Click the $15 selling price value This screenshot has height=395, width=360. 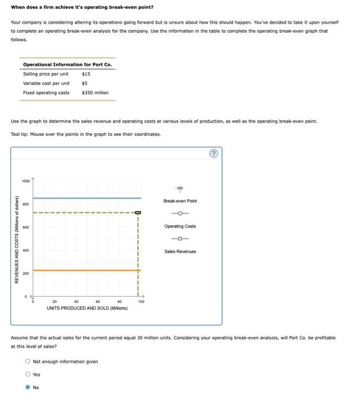coord(86,74)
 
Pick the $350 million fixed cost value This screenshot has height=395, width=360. coord(95,93)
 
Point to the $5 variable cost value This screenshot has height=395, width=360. coord(85,84)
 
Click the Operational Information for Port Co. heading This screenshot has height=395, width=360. coord(67,64)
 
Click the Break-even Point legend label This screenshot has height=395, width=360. coord(180,201)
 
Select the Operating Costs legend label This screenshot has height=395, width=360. coord(180,226)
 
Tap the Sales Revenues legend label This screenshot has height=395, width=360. coord(180,252)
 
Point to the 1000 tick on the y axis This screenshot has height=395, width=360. coord(26,181)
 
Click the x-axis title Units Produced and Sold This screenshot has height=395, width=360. coord(87,308)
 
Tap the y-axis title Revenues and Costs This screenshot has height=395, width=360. coord(17,239)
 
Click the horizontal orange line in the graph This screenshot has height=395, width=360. coord(85,270)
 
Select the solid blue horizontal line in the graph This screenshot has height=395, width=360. coord(85,198)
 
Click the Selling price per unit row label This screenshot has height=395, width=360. coord(46,74)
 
